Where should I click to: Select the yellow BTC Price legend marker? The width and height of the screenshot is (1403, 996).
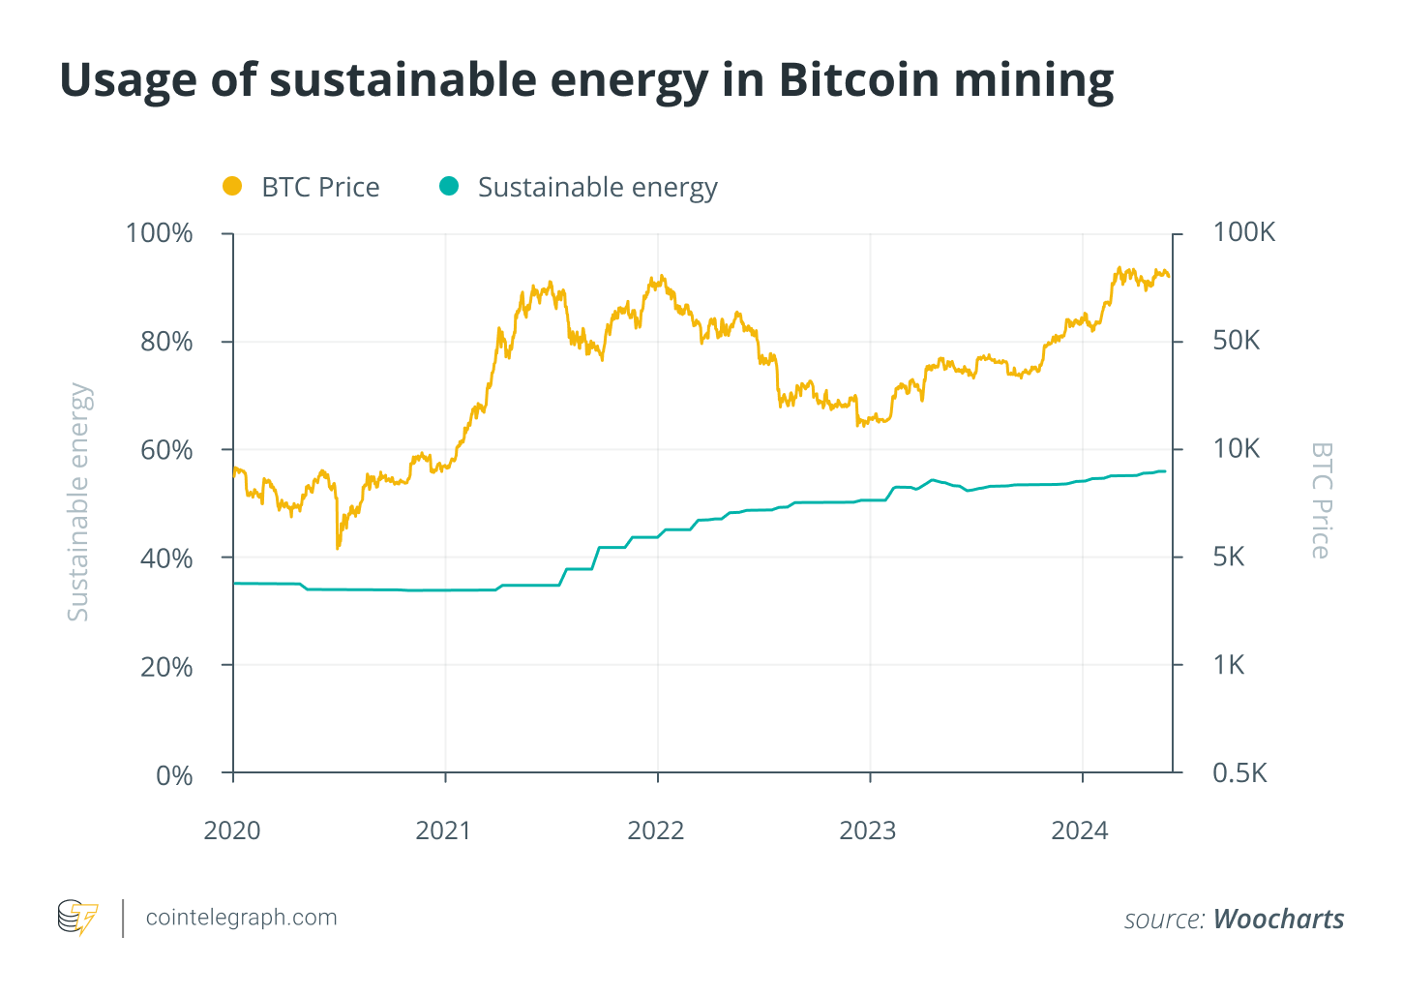(232, 186)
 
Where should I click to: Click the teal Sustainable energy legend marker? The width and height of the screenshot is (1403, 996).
(448, 186)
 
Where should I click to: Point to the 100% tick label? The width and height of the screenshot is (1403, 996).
(159, 233)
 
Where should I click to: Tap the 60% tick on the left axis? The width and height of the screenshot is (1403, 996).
(166, 450)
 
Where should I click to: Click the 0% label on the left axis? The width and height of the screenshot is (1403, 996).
(174, 775)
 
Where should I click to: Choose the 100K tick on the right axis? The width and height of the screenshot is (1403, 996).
(1244, 232)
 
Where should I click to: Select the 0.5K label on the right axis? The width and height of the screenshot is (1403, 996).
(1239, 773)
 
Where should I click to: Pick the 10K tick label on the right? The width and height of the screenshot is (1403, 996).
(1237, 449)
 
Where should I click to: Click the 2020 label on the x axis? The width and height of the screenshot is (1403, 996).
(232, 830)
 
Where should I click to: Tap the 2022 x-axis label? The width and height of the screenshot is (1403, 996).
(656, 830)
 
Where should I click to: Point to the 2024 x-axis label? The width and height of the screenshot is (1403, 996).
(1080, 830)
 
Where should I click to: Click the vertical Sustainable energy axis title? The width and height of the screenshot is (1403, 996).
(78, 501)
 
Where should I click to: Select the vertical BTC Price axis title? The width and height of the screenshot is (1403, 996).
(1321, 500)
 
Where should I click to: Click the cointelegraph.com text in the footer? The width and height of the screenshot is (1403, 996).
(241, 918)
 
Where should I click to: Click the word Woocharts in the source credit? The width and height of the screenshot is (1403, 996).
(1278, 919)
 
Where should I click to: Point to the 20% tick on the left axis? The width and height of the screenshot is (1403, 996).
(166, 667)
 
